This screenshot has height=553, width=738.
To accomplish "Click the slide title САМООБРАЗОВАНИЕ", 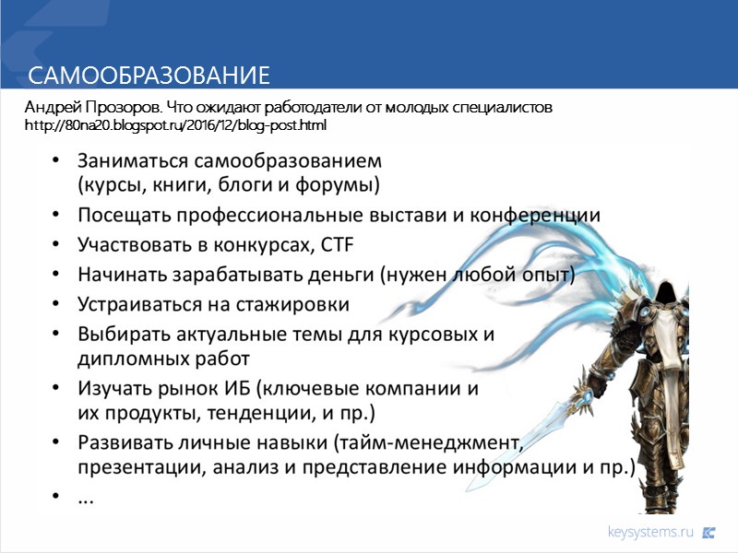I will pos(148,75).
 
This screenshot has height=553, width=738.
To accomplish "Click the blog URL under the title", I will pos(175,124).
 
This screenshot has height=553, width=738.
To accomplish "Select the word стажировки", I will pos(294,303).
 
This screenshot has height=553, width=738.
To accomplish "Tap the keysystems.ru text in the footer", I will pos(649,532).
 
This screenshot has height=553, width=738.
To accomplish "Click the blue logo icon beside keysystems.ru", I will pos(709,532).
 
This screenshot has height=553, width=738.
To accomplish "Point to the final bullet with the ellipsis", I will pos(85,498).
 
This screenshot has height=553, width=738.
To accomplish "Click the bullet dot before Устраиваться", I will pos(58,304).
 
